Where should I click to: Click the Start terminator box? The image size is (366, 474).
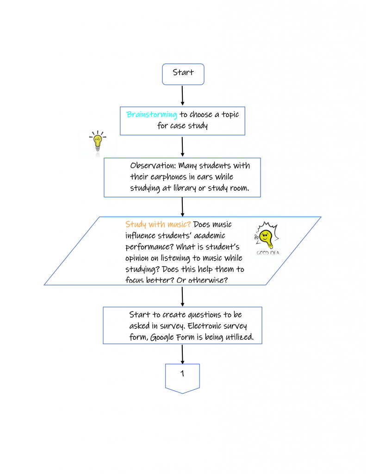[183, 74]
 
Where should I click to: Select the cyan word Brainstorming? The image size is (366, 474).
[152, 114]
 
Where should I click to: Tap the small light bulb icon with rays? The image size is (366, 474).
[98, 142]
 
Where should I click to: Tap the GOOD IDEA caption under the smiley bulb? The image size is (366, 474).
[268, 253]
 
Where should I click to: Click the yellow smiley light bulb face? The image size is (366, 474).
[266, 237]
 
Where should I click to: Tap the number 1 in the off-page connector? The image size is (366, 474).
[182, 373]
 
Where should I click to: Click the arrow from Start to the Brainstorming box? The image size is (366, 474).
[183, 96]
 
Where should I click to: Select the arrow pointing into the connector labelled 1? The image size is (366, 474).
[183, 354]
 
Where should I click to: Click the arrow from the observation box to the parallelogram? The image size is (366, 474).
[183, 207]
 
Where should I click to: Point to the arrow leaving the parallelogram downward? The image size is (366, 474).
[183, 296]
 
